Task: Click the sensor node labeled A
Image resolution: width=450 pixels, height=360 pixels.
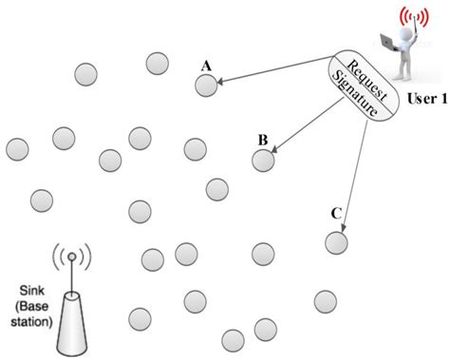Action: [x=206, y=85]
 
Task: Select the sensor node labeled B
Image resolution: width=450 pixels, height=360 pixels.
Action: [x=263, y=160]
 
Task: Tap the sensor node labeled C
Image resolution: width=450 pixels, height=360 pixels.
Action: [x=337, y=242]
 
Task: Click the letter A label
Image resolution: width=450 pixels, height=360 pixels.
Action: [x=205, y=65]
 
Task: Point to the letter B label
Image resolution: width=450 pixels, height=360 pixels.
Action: [x=262, y=140]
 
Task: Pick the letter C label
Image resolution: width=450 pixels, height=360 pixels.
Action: [x=336, y=214]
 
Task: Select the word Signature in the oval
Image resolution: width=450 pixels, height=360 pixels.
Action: [x=355, y=90]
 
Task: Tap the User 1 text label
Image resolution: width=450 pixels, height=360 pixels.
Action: [x=427, y=98]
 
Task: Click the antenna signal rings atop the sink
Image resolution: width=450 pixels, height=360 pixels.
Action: [x=71, y=256]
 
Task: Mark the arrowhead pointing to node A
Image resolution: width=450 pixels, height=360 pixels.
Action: [x=220, y=84]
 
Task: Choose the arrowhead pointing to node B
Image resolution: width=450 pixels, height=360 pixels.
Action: [x=276, y=151]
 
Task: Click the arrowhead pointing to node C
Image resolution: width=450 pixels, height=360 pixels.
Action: [x=344, y=228]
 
